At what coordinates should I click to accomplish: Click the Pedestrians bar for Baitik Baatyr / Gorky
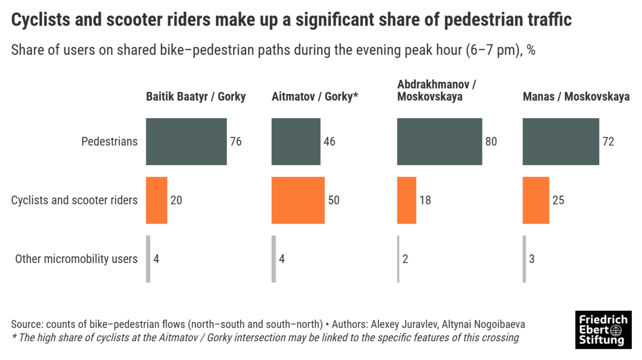click(186, 142)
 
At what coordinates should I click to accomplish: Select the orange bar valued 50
click(298, 200)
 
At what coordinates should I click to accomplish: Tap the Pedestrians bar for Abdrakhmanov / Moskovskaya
click(439, 142)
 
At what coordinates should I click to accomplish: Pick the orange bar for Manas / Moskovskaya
click(536, 200)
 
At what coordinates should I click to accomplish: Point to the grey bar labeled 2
click(398, 259)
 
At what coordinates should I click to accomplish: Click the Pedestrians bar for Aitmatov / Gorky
click(296, 142)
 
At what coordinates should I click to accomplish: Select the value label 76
click(236, 142)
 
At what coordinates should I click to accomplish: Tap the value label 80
click(491, 142)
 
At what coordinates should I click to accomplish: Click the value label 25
click(558, 201)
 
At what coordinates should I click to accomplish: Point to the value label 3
click(531, 259)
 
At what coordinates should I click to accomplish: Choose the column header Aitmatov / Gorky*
click(315, 97)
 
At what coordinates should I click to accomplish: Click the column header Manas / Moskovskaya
click(576, 97)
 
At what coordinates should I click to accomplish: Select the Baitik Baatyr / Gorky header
click(196, 97)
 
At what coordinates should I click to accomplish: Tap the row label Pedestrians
click(109, 142)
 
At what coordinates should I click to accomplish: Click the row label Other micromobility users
click(76, 259)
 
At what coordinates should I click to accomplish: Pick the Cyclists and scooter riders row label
click(74, 201)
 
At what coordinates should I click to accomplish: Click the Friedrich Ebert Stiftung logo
click(603, 330)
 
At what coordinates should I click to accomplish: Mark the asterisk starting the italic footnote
click(14, 337)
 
